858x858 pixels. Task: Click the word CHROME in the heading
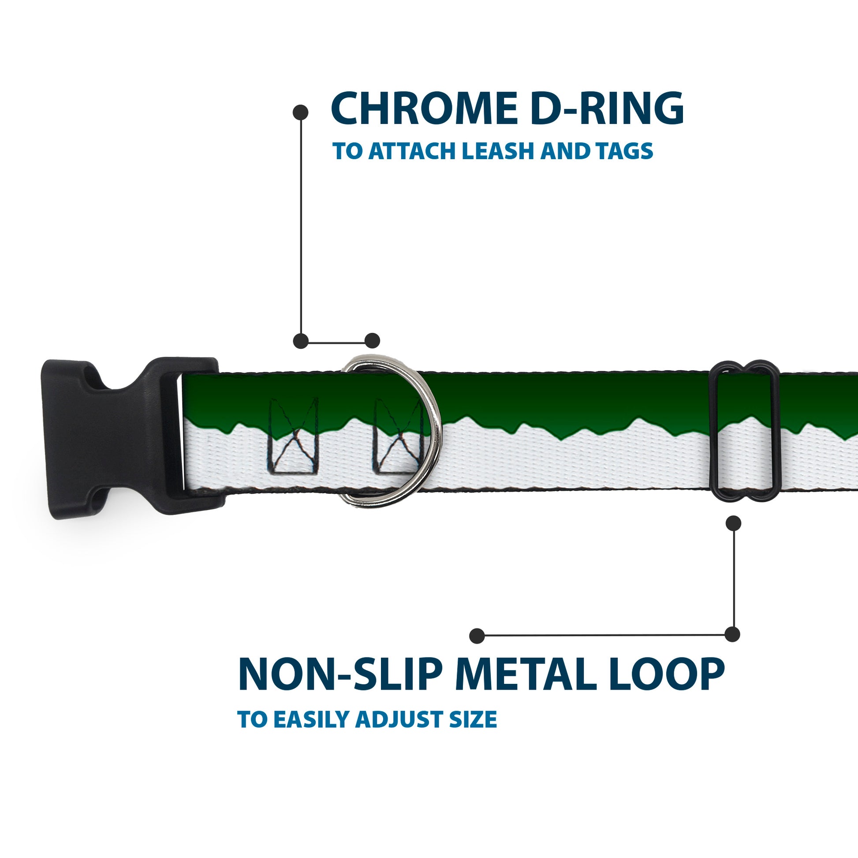[424, 109]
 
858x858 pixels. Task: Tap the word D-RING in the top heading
[607, 109]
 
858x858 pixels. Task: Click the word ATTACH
[411, 151]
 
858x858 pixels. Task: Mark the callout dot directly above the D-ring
[372, 341]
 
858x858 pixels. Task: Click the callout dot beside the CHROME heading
[301, 112]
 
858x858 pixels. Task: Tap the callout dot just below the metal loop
[733, 523]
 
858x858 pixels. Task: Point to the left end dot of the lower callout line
[477, 635]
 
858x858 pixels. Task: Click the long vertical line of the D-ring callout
[301, 227]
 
